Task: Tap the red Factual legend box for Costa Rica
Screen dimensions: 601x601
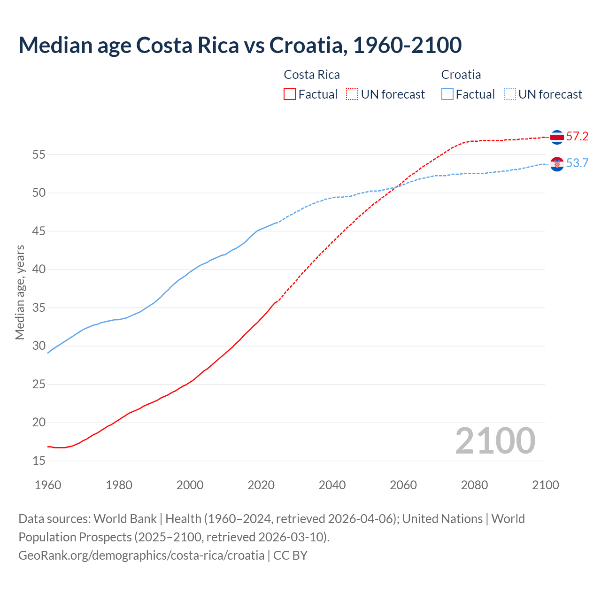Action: point(290,94)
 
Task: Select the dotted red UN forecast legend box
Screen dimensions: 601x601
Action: point(352,94)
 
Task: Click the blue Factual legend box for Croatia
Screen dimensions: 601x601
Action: point(447,94)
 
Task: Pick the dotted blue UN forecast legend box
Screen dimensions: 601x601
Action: point(509,94)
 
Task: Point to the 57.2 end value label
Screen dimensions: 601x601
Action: point(577,137)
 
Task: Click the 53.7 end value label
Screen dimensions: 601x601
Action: point(577,163)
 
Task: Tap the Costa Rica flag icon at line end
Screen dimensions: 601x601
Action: point(557,137)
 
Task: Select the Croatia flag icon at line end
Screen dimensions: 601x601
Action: point(557,164)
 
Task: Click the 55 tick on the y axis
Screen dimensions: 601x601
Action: point(39,154)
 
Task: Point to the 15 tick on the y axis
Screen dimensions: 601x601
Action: point(39,461)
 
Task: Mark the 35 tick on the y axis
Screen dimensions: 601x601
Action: point(39,308)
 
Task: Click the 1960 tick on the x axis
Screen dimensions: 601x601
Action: point(48,485)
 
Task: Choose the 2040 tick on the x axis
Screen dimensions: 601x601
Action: point(332,485)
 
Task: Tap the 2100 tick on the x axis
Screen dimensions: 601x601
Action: point(545,485)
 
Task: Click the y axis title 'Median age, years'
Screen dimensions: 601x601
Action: point(20,292)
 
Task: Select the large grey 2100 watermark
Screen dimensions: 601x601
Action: point(495,440)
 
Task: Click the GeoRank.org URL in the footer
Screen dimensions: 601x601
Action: point(141,555)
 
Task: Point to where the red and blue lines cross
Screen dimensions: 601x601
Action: point(396,187)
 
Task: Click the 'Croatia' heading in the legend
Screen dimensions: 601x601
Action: point(461,75)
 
